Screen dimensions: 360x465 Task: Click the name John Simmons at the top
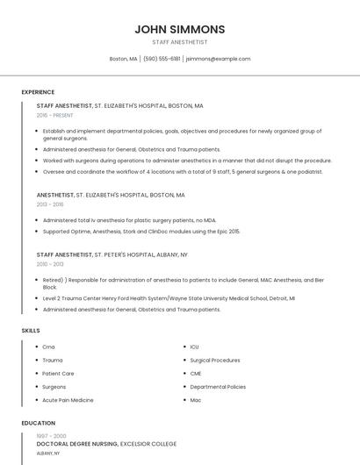(x=179, y=29)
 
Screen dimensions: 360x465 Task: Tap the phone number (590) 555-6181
(x=162, y=59)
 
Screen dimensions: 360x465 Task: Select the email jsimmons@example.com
(x=219, y=59)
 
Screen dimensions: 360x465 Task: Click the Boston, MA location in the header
(x=123, y=59)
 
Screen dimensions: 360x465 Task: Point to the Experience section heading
(x=38, y=92)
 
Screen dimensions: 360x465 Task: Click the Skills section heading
(x=30, y=330)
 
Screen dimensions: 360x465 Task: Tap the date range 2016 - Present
(x=55, y=115)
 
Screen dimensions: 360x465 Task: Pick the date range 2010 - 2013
(x=50, y=263)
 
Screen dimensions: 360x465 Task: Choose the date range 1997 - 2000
(x=51, y=435)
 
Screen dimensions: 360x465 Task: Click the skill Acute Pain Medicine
(x=68, y=400)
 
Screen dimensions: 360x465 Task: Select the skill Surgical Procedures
(x=214, y=361)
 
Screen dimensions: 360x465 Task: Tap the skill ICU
(x=195, y=347)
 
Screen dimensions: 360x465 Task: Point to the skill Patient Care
(x=58, y=374)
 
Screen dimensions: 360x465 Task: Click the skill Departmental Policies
(x=218, y=387)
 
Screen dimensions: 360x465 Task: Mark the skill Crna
(x=48, y=347)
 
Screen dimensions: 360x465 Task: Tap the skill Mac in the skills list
(x=196, y=400)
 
